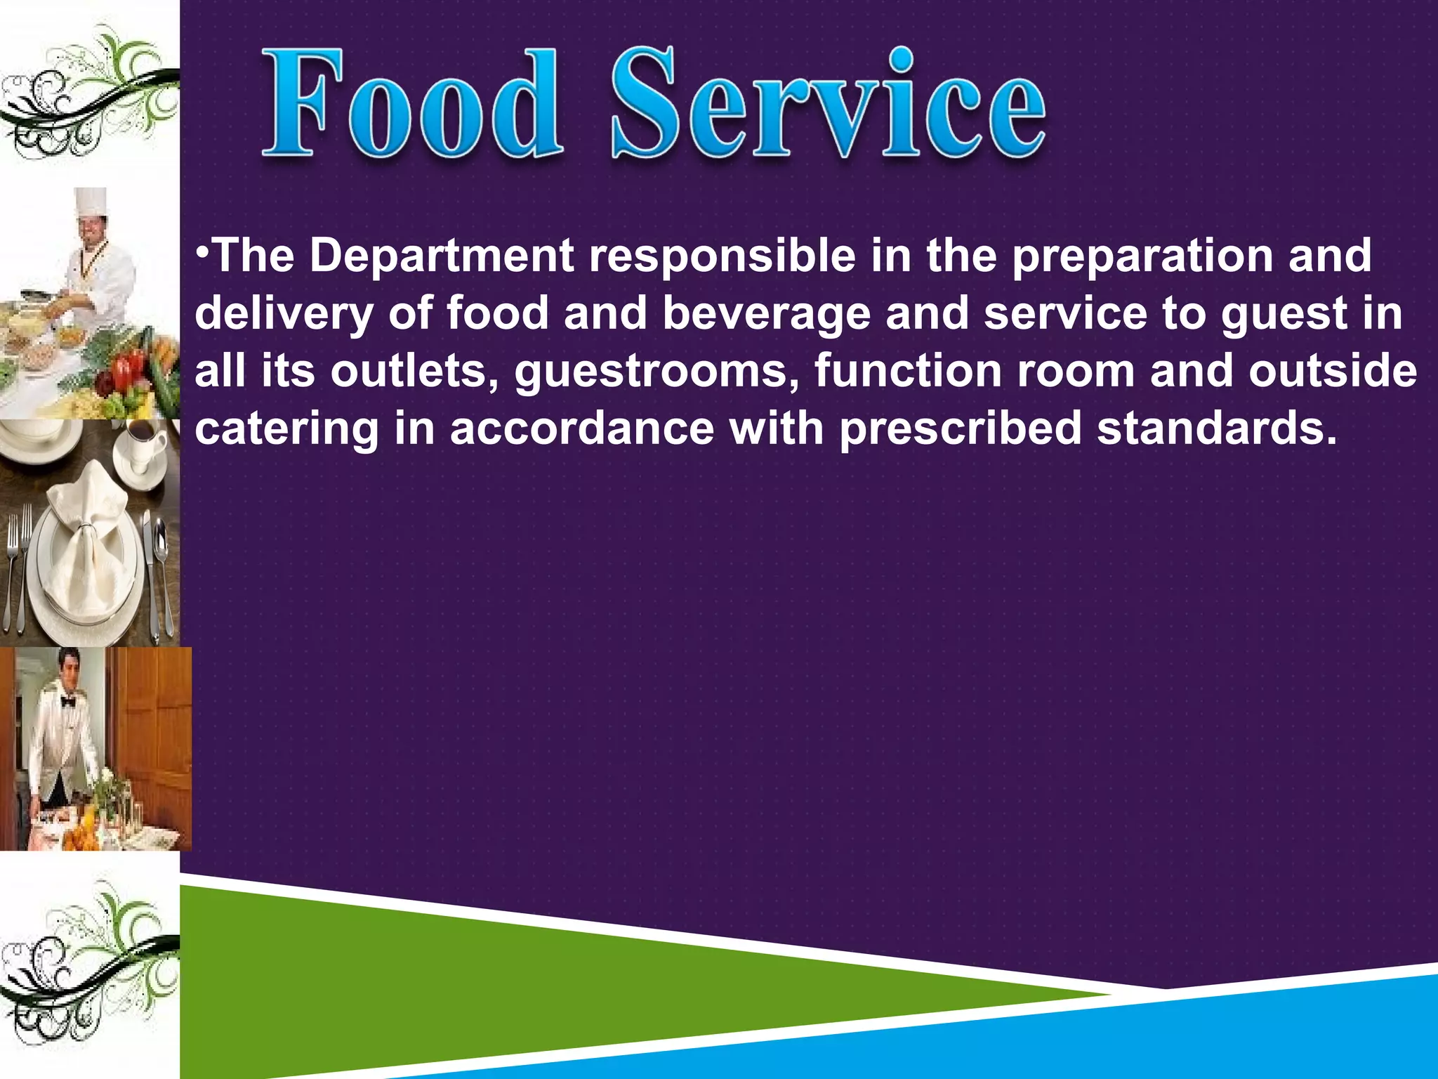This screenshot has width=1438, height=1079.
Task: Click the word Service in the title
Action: (x=829, y=104)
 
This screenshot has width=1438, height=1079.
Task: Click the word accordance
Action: (x=582, y=429)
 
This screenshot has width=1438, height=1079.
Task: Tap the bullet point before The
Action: (x=201, y=249)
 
